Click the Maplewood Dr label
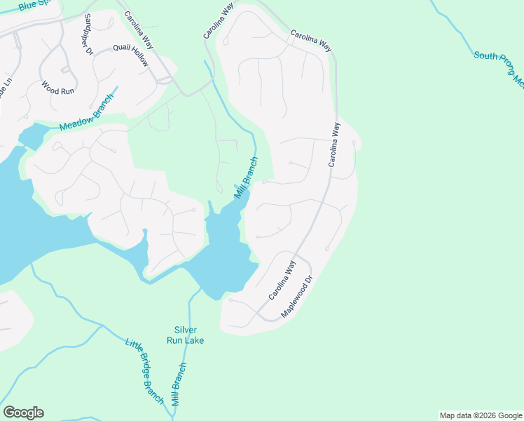[296, 297]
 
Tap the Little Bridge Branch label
[144, 372]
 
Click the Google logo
[23, 413]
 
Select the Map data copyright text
[481, 415]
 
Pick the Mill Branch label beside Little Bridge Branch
[179, 384]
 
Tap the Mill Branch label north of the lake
[247, 178]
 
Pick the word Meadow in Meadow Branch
[74, 121]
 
